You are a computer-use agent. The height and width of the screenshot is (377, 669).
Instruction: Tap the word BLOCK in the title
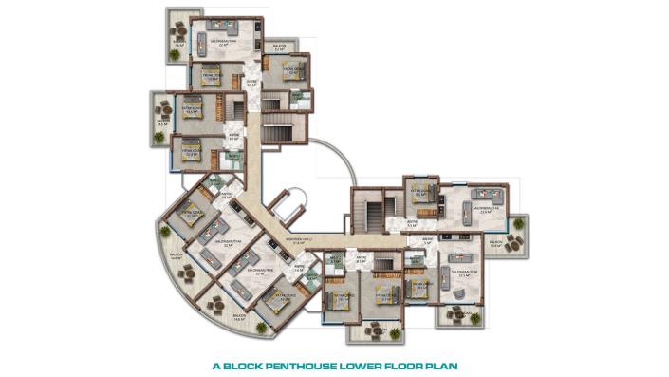[x=243, y=364]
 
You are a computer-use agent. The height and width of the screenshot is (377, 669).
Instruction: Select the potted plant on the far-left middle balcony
[x=159, y=137]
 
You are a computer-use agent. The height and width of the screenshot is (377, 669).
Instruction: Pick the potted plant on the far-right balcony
[x=518, y=224]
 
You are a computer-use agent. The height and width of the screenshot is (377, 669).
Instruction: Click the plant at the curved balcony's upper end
[x=165, y=230]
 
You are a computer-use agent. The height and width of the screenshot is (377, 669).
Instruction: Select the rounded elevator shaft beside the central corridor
[x=290, y=204]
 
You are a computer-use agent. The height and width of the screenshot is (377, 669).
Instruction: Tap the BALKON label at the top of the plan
[x=279, y=45]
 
